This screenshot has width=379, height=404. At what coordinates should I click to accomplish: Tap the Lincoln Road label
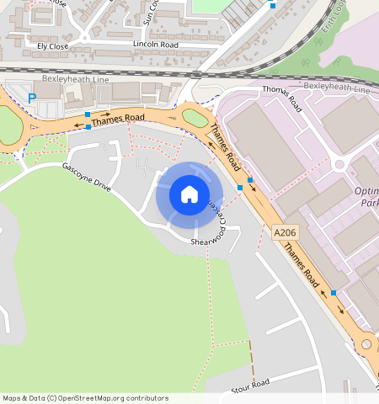pyautogui.click(x=156, y=43)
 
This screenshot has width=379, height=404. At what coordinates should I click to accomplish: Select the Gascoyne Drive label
pyautogui.click(x=87, y=174)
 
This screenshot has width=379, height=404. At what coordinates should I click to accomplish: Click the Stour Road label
pyautogui.click(x=250, y=386)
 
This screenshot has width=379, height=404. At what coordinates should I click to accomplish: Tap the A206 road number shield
pyautogui.click(x=284, y=230)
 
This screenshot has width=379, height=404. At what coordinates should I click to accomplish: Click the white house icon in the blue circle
pyautogui.click(x=189, y=194)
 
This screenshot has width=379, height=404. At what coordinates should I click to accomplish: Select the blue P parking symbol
pyautogui.click(x=32, y=98)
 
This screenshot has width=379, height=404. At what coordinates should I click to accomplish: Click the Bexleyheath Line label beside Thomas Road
pyautogui.click(x=336, y=88)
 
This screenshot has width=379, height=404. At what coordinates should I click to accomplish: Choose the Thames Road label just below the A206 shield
pyautogui.click(x=301, y=264)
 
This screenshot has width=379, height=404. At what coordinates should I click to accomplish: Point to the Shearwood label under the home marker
pyautogui.click(x=205, y=242)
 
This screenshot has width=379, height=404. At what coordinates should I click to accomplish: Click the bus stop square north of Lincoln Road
pyautogui.click(x=272, y=4)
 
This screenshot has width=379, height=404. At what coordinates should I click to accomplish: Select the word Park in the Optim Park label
pyautogui.click(x=368, y=203)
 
